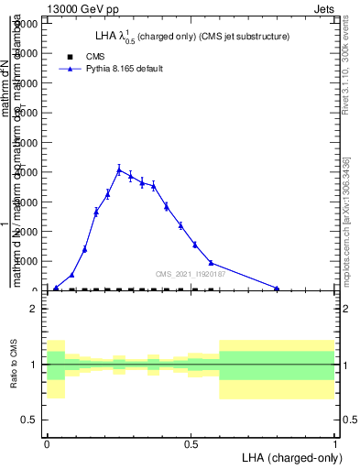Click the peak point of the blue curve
119,169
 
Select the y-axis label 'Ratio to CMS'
13,365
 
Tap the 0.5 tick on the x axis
191,442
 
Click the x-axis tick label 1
334,442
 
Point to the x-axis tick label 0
47,442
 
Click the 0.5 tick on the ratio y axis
29,420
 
